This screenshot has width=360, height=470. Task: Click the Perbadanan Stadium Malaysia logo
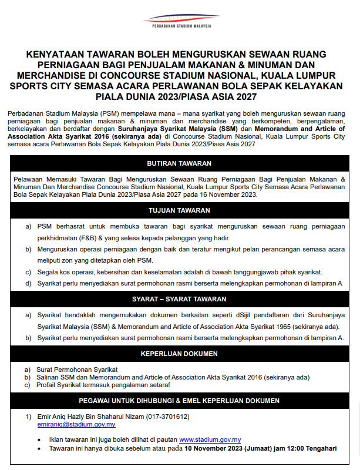pyautogui.click(x=180, y=21)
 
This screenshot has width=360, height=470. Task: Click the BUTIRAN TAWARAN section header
pyautogui.click(x=180, y=163)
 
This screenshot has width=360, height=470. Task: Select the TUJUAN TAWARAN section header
pyautogui.click(x=180, y=210)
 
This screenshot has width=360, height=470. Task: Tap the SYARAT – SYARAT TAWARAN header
pyautogui.click(x=180, y=299)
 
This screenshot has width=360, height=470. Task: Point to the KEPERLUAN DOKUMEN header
pyautogui.click(x=180, y=354)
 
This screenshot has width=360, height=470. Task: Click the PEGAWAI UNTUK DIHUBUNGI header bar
pyautogui.click(x=180, y=401)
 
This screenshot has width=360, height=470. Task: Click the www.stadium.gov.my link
pyautogui.click(x=210, y=439)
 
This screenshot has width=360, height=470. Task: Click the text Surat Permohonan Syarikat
pyautogui.click(x=77, y=369)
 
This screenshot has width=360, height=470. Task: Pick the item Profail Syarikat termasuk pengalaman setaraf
pyautogui.click(x=103, y=385)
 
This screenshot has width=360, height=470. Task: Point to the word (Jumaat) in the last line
pyautogui.click(x=263, y=448)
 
